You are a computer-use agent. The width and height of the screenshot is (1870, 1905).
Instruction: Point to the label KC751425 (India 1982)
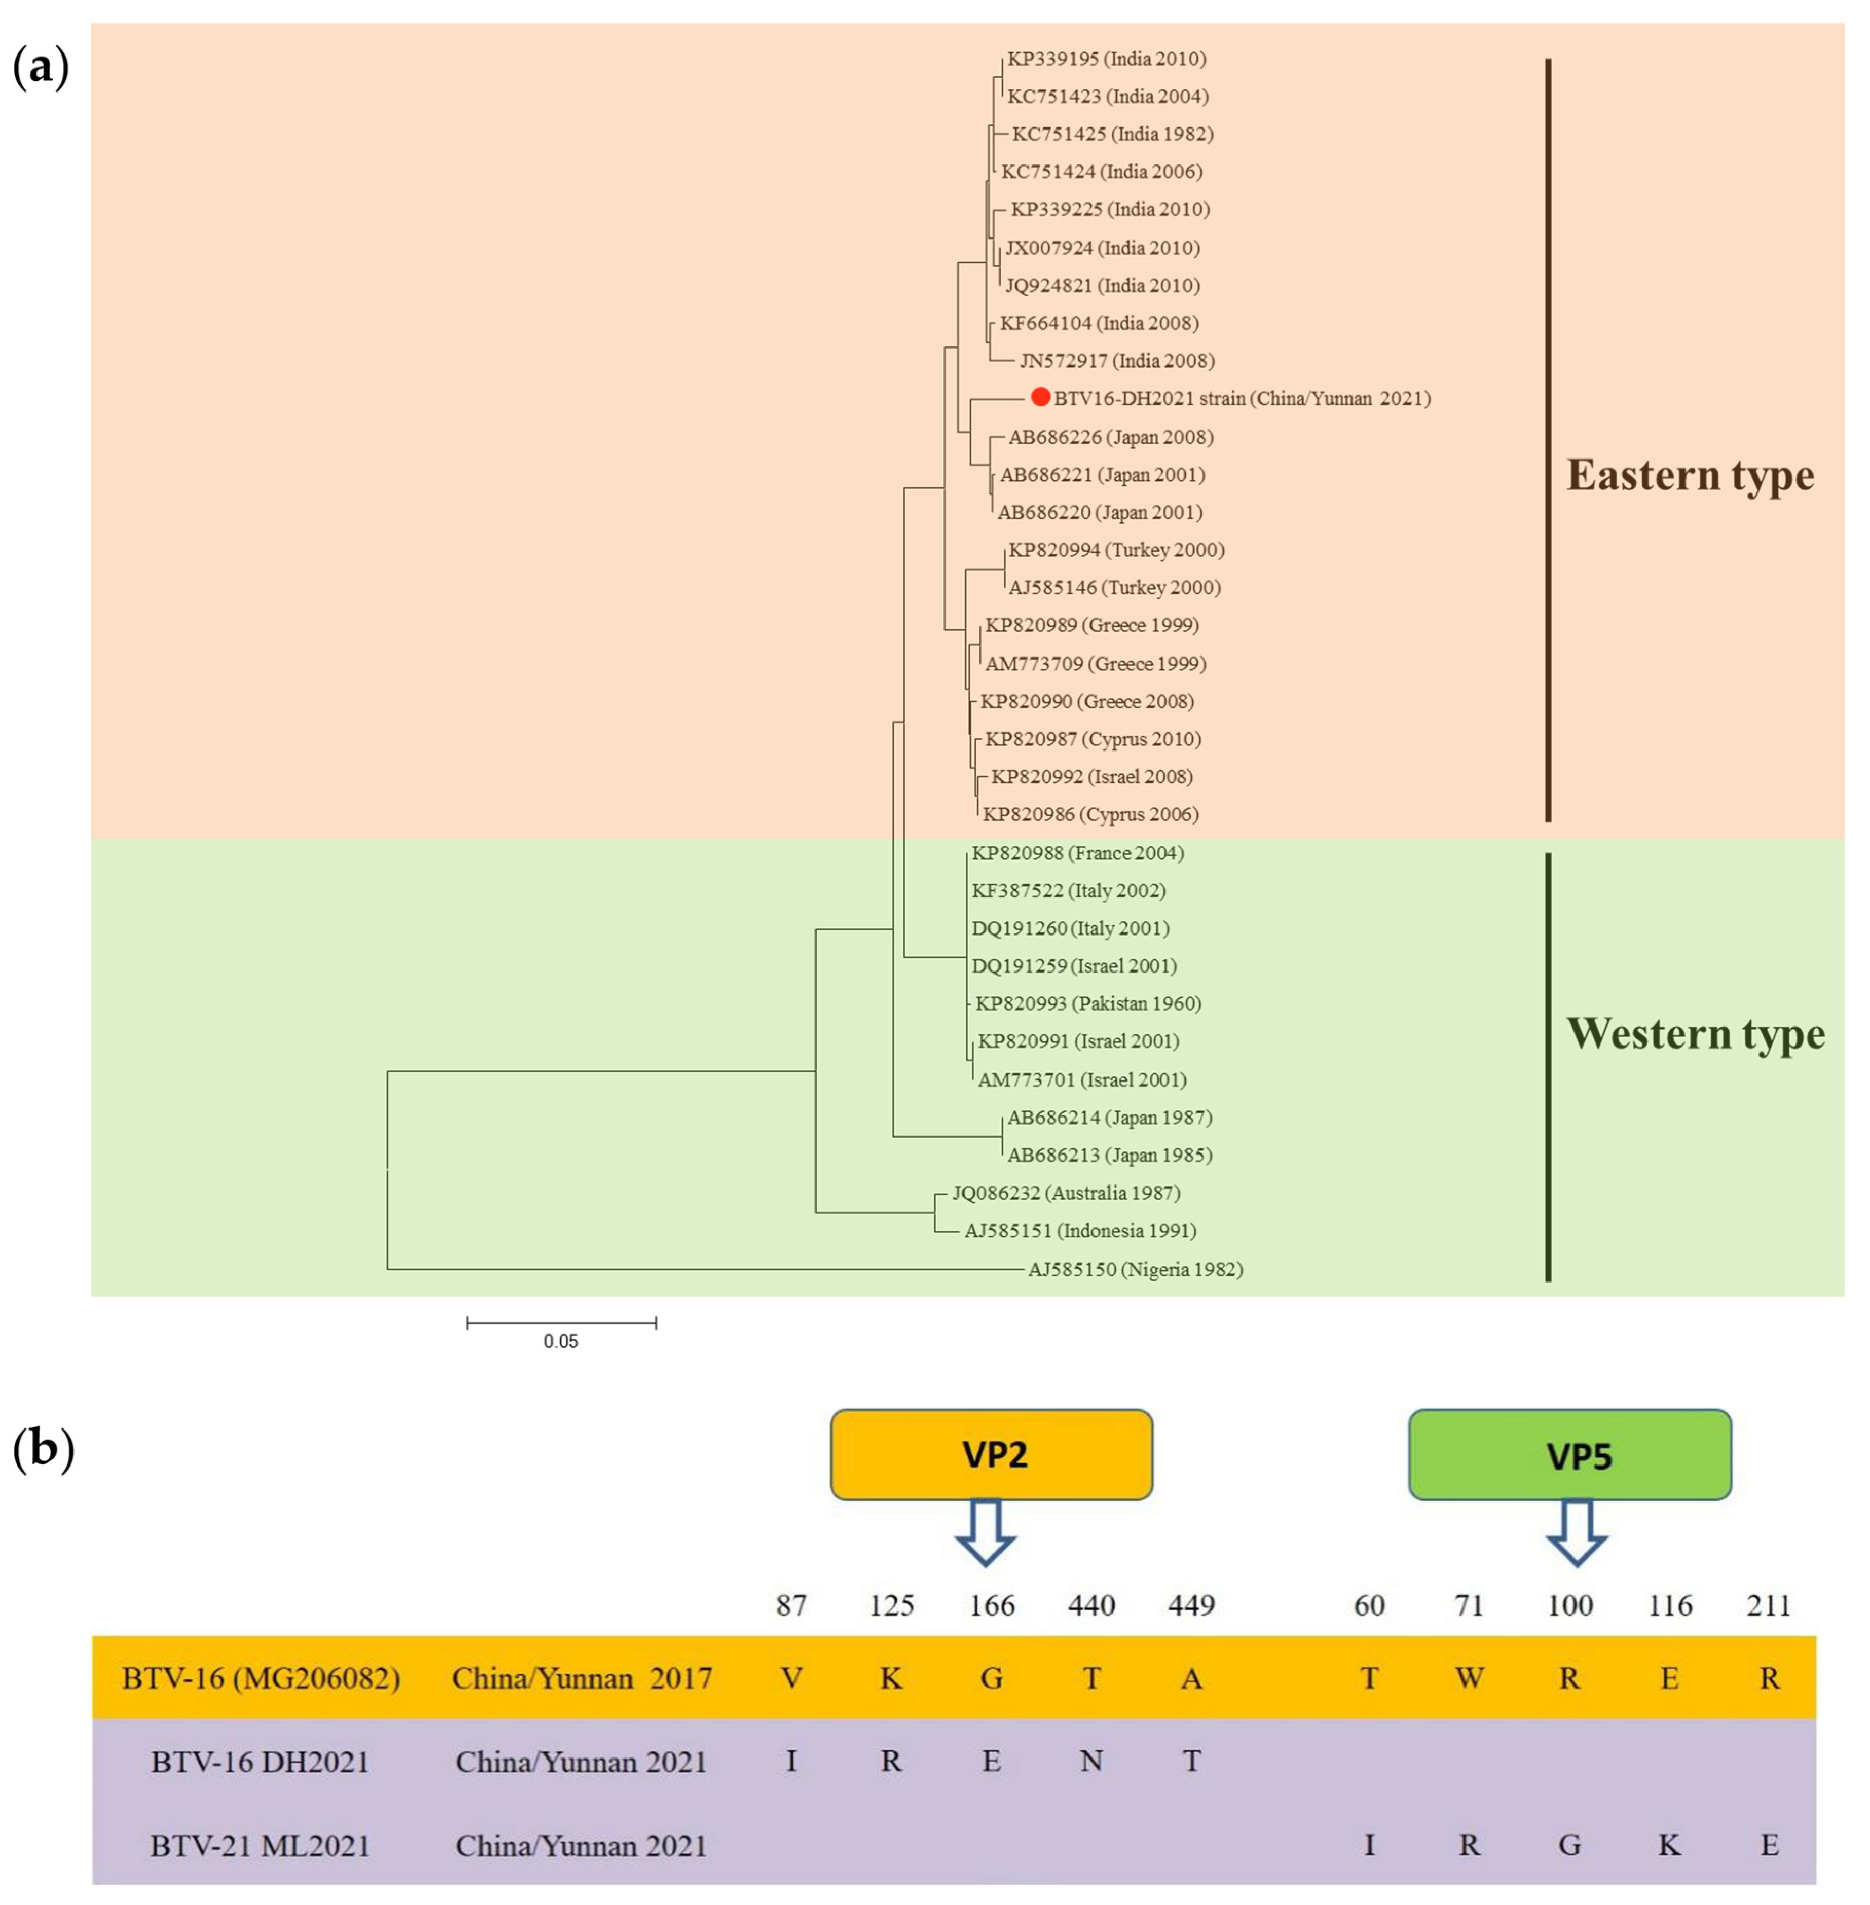1113,134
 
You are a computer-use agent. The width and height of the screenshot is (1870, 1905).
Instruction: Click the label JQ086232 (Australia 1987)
1066,1193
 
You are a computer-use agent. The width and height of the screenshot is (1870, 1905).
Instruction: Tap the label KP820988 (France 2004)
1078,853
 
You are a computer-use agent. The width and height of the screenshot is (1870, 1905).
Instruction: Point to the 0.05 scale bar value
561,1341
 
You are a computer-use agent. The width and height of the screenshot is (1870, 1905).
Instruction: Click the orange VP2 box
991,1454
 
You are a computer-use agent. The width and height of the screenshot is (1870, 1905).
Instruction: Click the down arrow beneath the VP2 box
986,1531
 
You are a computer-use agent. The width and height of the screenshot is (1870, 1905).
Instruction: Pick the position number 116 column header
1669,1605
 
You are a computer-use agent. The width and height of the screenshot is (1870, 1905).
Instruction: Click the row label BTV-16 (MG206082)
260,1677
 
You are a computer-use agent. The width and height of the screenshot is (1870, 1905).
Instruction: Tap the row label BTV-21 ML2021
260,1845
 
